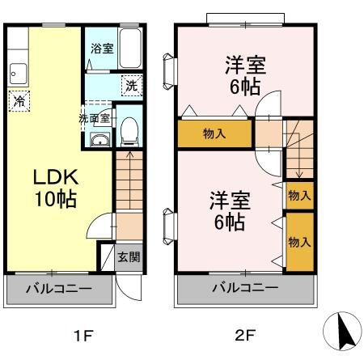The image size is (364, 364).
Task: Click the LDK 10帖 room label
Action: click(56, 188)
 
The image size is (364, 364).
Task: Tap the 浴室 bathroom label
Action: click(102, 49)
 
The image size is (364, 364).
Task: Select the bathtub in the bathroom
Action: click(130, 49)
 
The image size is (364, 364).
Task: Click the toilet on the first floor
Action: click(129, 132)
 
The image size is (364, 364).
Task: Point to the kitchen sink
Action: click(19, 74)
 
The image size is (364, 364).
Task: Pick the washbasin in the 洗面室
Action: click(100, 140)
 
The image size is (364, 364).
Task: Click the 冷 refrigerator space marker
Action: click(19, 101)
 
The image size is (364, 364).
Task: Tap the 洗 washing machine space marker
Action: click(132, 86)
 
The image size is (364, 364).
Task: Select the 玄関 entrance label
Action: click(129, 257)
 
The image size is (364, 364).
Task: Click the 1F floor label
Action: click(83, 336)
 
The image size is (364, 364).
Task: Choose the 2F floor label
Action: click(245, 336)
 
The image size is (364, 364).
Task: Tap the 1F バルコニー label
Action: click(59, 289)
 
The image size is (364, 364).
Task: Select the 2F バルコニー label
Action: click(245, 287)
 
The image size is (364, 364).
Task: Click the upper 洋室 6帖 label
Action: click(245, 76)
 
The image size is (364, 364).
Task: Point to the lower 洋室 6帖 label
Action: click(230, 211)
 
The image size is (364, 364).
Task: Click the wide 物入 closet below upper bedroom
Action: click(214, 133)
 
